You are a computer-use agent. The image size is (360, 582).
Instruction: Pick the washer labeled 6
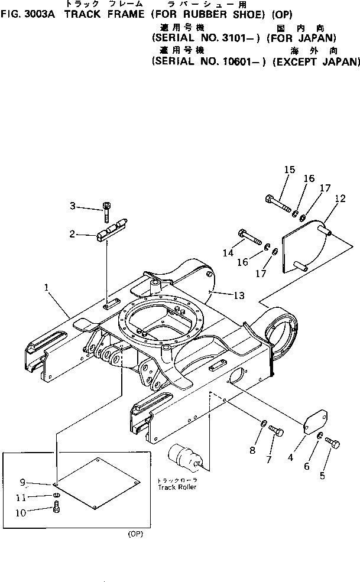click(x=319, y=436)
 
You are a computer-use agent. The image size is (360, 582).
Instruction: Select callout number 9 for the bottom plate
click(x=39, y=481)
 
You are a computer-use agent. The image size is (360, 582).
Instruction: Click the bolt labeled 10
click(x=56, y=506)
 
